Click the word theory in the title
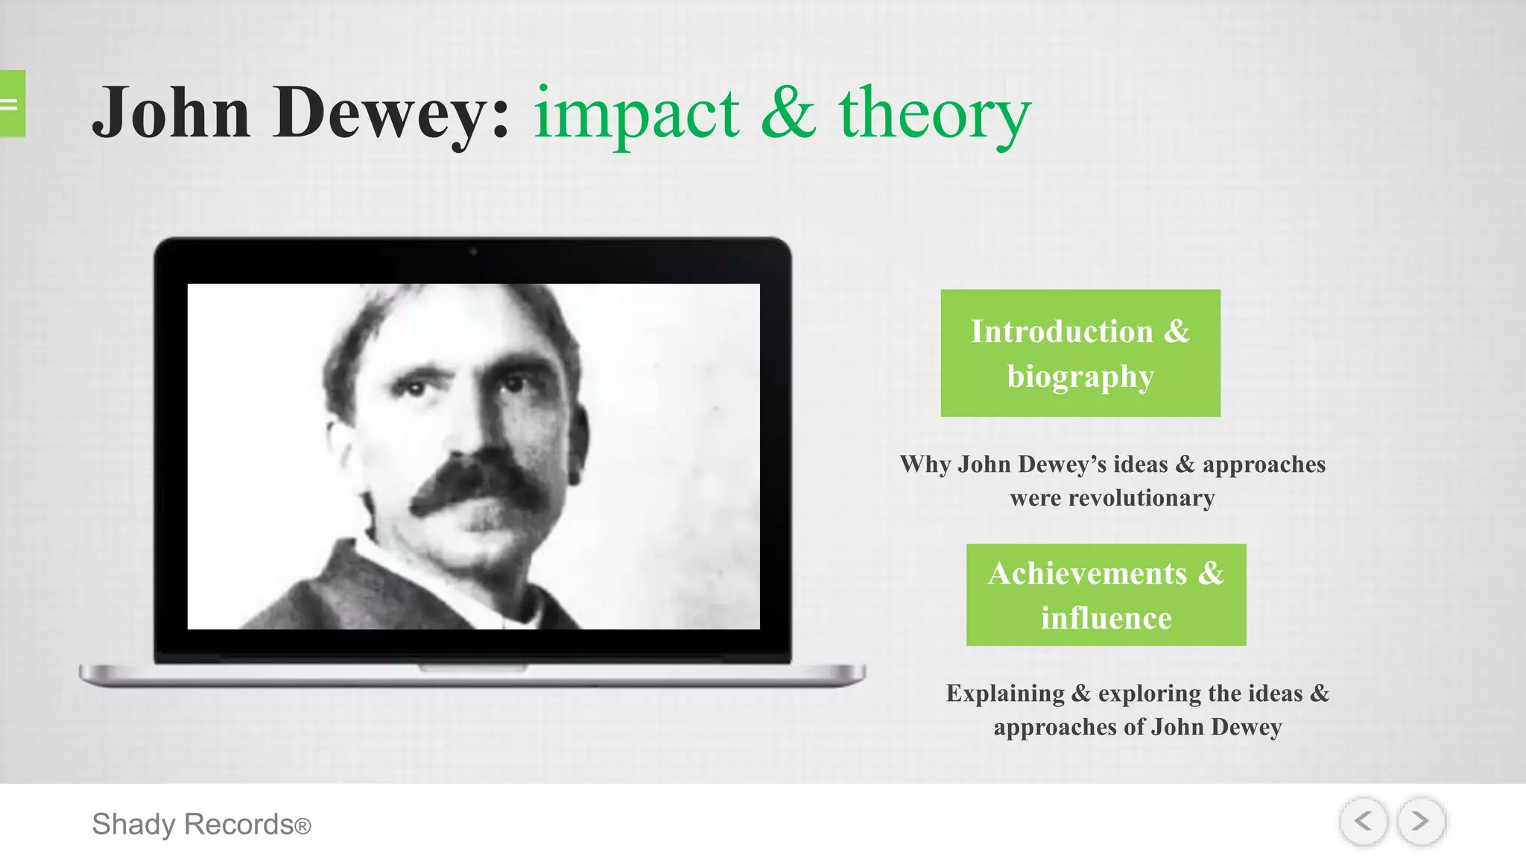[x=934, y=114]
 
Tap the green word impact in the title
[x=637, y=114]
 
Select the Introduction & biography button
[x=1080, y=353]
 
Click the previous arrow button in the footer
[x=1363, y=821]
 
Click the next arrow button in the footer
[x=1421, y=821]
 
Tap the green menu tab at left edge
[x=12, y=104]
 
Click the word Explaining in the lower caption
[x=1005, y=693]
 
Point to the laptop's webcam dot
[x=472, y=252]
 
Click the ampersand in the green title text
[x=788, y=114]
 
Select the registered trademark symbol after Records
[x=303, y=826]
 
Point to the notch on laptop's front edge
[x=472, y=668]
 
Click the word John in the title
[x=171, y=114]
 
